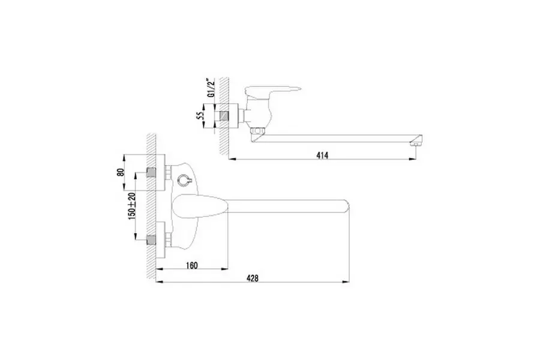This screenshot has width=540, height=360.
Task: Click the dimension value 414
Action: (322, 155)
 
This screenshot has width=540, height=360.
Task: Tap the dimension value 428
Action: (253, 278)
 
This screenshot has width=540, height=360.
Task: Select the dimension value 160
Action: (192, 265)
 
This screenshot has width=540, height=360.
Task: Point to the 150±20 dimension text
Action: (132, 206)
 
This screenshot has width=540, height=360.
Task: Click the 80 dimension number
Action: (120, 172)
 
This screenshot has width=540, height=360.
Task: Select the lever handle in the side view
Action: (272, 90)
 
